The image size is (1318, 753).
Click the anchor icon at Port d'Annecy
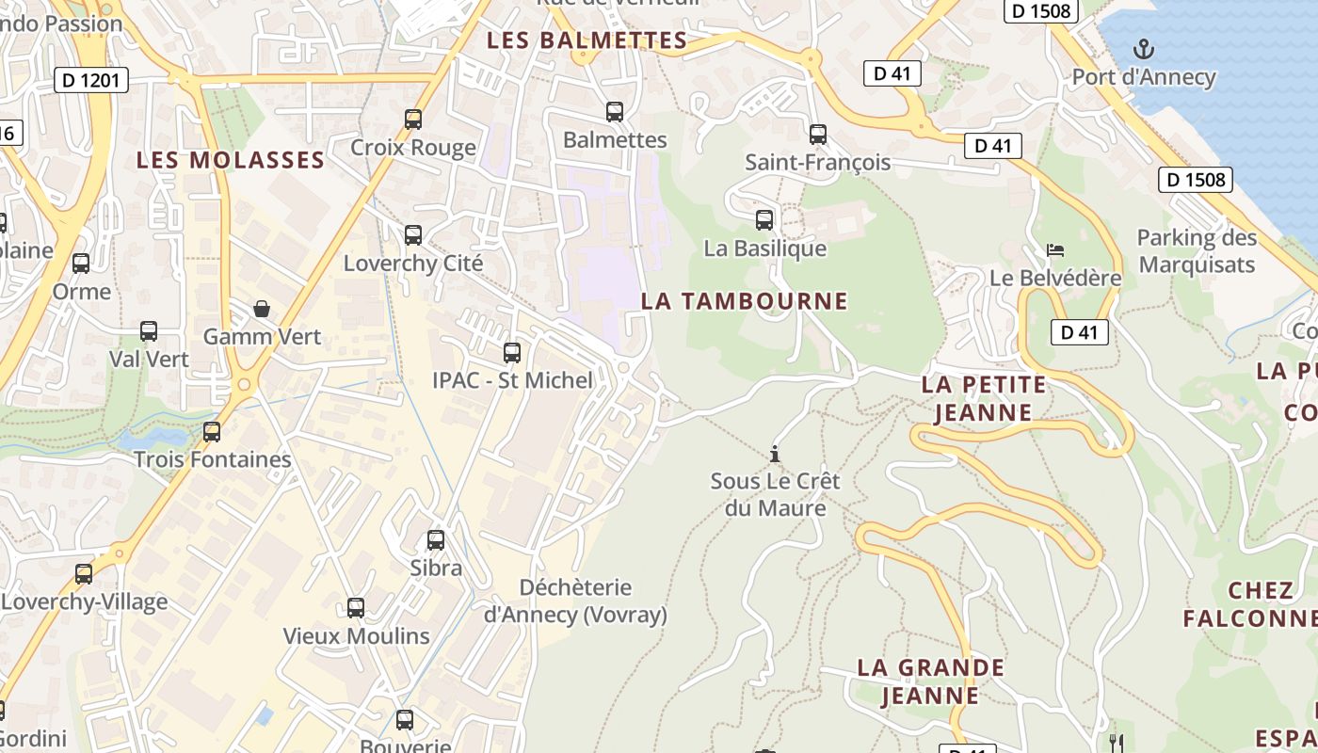tap(1144, 49)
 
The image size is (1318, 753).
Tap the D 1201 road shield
tap(91, 81)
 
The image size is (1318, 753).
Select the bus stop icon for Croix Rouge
tap(413, 120)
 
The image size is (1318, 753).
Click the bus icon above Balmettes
tap(615, 112)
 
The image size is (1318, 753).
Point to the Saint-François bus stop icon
tap(818, 135)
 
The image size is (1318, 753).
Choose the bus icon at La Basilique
tap(764, 220)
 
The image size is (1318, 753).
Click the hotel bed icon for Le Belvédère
tap(1055, 250)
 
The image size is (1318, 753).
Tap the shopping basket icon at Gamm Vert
tap(262, 309)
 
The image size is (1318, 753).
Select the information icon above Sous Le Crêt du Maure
tap(775, 454)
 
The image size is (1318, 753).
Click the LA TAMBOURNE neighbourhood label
tap(744, 301)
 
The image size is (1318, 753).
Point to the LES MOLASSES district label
tap(231, 160)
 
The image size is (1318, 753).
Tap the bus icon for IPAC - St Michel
tap(512, 353)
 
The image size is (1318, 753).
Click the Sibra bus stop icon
tap(436, 540)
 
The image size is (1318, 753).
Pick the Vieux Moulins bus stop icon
tap(356, 608)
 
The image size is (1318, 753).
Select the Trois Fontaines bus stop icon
tap(212, 432)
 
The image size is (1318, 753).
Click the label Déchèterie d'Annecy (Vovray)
tap(575, 601)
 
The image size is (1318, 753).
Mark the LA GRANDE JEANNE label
tap(930, 681)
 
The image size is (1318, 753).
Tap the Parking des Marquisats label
tap(1197, 251)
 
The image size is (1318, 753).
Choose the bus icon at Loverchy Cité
tap(413, 235)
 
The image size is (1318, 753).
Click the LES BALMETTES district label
tap(587, 40)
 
